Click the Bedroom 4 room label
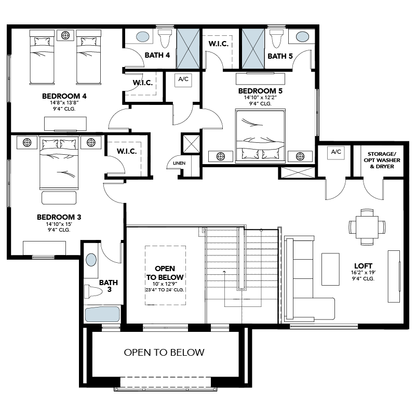click(64, 96)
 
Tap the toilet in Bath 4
click(165, 38)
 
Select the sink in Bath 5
click(302, 36)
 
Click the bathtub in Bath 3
click(102, 314)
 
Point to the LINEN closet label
click(179, 163)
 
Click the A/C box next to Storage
click(336, 153)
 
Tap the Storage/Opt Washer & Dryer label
click(382, 160)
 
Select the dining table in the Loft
click(367, 227)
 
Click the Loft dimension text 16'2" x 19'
click(363, 273)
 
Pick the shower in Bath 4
click(188, 49)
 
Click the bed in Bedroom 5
click(260, 136)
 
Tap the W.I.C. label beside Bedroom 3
click(127, 151)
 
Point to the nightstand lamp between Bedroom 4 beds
click(65, 35)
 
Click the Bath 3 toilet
click(93, 291)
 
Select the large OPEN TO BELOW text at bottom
click(164, 352)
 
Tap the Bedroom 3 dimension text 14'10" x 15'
click(59, 224)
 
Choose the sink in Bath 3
click(91, 260)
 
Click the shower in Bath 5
click(253, 49)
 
